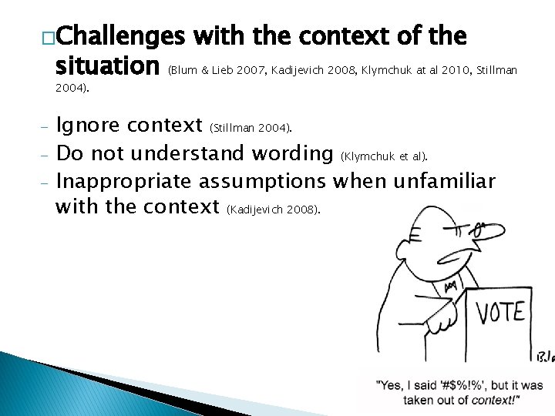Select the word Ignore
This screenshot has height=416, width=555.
87,125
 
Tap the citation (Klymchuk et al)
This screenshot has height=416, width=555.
385,156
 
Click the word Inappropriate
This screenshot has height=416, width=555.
126,182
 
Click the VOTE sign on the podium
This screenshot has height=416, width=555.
500,312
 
